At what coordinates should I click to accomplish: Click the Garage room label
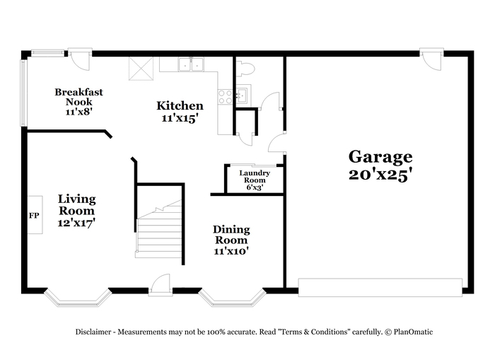point(380,156)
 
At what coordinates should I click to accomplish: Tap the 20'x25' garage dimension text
point(380,175)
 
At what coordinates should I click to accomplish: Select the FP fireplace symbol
point(35,215)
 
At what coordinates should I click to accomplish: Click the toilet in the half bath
point(245,69)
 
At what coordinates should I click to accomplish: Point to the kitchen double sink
point(191,64)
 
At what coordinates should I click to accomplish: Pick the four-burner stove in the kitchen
point(226,97)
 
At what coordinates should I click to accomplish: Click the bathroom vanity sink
point(243,95)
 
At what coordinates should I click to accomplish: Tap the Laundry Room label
point(255,177)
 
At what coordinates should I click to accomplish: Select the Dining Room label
point(231,235)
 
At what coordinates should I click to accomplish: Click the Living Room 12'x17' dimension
point(76,223)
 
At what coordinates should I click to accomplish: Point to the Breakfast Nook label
point(79,97)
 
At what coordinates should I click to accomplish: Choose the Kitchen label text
point(180,105)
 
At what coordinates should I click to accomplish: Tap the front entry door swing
point(161,284)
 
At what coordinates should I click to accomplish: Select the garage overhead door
point(380,287)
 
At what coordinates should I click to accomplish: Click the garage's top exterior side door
point(431,59)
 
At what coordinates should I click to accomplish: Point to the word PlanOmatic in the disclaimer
point(413,332)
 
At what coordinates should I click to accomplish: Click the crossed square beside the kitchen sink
point(141,69)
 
